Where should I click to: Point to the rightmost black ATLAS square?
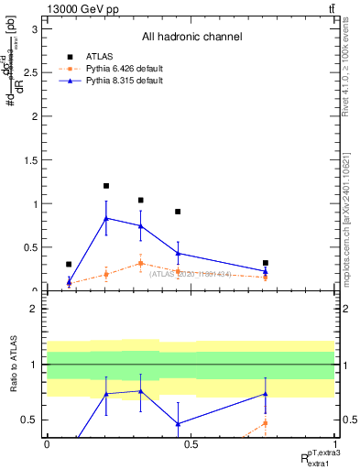point(265,263)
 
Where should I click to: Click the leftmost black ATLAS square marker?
point(69,264)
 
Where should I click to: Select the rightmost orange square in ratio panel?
point(265,422)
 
